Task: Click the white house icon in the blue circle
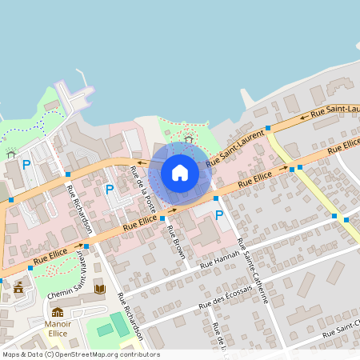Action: pos(180,173)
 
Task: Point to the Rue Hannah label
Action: pos(219,259)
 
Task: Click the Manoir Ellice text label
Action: pos(58,329)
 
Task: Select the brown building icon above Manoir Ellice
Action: pos(58,312)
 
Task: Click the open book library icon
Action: pos(99,289)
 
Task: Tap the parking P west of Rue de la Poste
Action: pos(110,190)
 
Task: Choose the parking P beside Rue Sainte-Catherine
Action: pos(219,215)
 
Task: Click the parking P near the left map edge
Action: pos(26,165)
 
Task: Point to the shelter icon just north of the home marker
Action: pos(188,139)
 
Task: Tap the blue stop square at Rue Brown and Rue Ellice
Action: pos(162,218)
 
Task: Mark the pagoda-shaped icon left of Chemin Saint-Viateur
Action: pos(18,285)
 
